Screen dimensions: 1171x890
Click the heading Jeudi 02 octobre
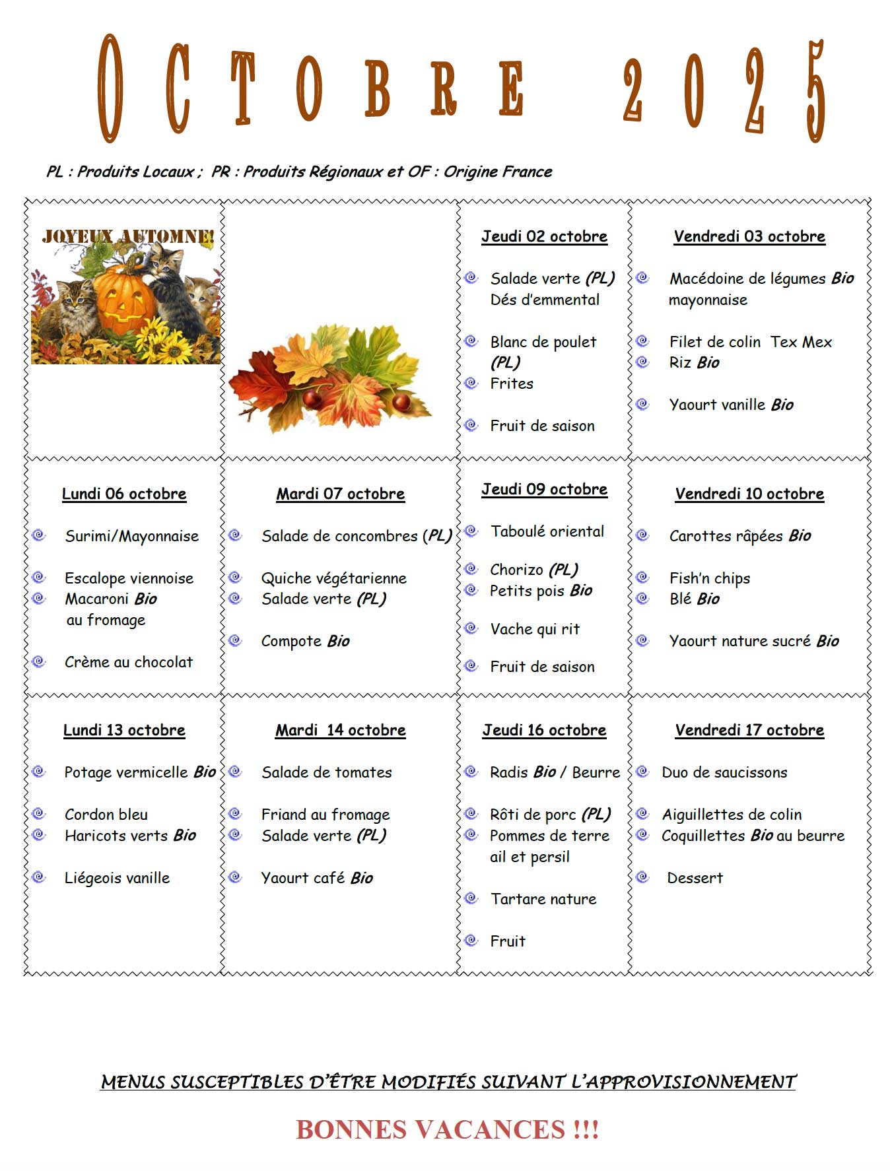544,236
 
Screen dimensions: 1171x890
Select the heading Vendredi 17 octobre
749,730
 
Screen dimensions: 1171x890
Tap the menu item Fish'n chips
709,578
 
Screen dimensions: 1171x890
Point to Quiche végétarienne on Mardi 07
333,578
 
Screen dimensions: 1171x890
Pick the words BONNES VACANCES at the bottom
430,1129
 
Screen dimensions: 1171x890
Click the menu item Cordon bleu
106,815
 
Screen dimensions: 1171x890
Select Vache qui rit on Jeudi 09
535,629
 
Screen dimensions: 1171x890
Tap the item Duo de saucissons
724,772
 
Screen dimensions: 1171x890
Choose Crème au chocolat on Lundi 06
129,662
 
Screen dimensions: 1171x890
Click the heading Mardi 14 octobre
340,730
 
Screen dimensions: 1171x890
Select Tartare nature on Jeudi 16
543,899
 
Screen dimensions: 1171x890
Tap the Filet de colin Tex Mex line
750,342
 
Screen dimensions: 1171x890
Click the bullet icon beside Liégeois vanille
39,877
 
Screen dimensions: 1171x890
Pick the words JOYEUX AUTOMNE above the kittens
127,236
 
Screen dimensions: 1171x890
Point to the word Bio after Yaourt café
362,878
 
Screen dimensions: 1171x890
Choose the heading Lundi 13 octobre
124,730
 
